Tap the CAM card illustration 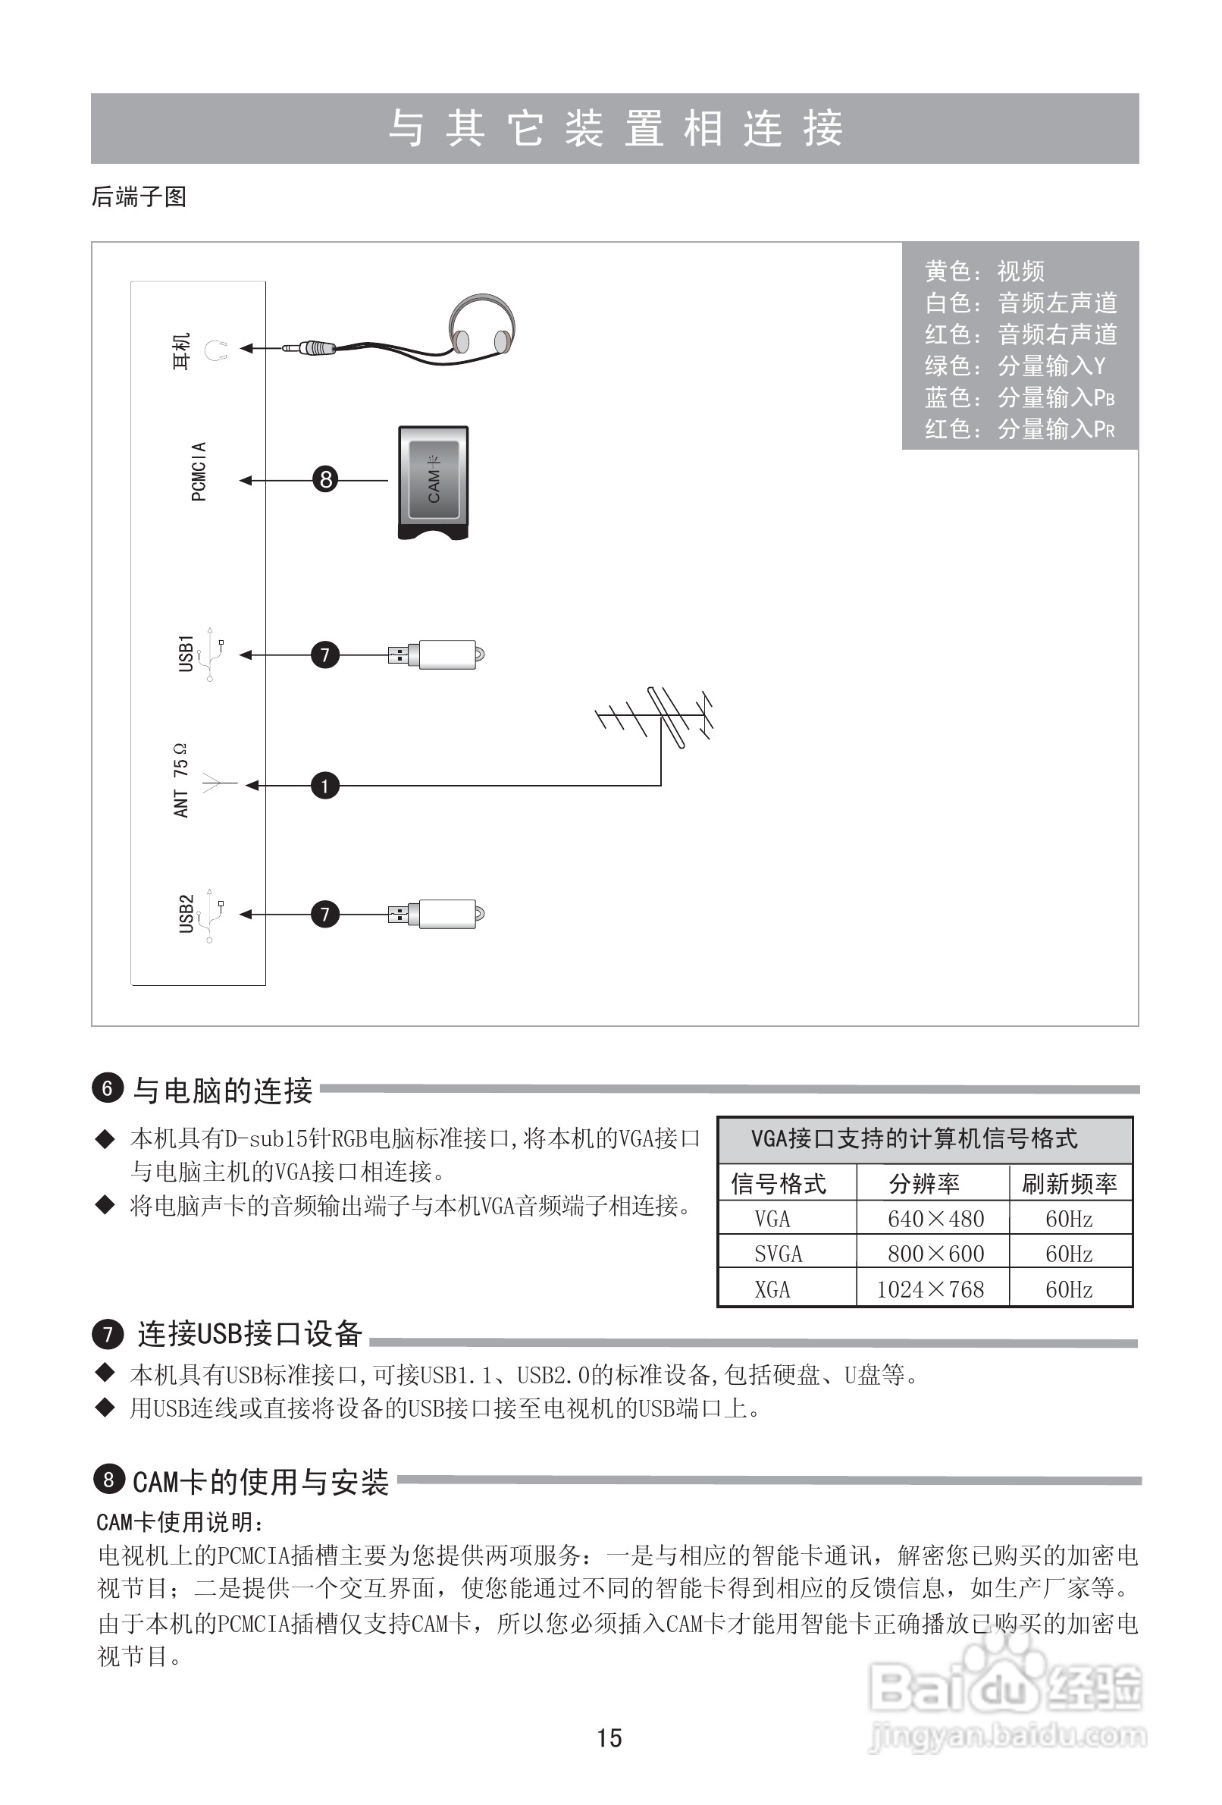(x=433, y=482)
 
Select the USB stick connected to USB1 (x=439, y=655)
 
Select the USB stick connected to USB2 (x=439, y=914)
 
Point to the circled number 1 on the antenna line (x=324, y=786)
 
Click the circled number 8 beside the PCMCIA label (x=325, y=479)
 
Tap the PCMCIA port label (x=199, y=472)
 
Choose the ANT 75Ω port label (x=181, y=780)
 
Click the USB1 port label (x=186, y=653)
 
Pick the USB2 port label (x=186, y=913)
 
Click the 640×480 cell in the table (x=935, y=1219)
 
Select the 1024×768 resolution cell (x=930, y=1289)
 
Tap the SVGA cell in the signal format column (x=778, y=1254)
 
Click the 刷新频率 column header (x=1069, y=1184)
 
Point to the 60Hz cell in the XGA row (x=1068, y=1289)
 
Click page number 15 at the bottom (x=609, y=1738)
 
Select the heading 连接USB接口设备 (x=250, y=1333)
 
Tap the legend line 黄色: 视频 (x=985, y=271)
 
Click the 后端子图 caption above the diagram (x=139, y=196)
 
